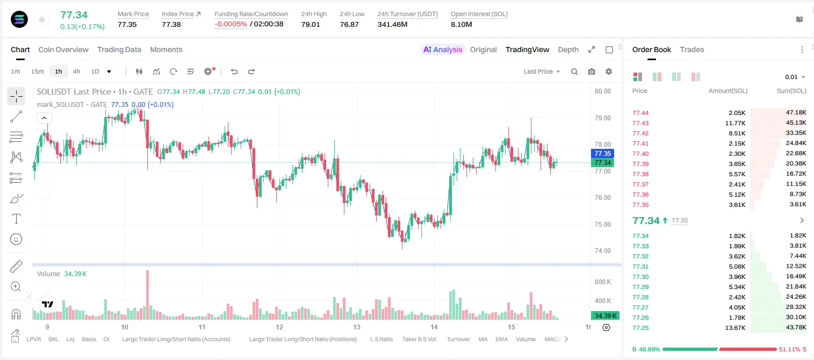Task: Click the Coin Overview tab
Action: (63, 49)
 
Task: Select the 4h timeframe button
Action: (76, 71)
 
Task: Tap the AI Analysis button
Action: (443, 49)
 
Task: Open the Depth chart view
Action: (568, 49)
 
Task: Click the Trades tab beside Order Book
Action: (692, 49)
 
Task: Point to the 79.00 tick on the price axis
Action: (602, 118)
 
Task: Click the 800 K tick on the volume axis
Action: (603, 282)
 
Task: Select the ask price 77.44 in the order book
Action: (640, 113)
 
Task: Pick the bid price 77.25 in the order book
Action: (640, 328)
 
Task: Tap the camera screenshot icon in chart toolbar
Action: (592, 71)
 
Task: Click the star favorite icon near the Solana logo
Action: (42, 19)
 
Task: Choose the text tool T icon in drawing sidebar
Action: (16, 219)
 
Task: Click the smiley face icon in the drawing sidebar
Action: (16, 239)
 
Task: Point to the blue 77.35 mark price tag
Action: (602, 153)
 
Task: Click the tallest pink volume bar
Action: (148, 294)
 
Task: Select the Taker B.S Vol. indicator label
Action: (420, 339)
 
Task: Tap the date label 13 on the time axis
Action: (356, 327)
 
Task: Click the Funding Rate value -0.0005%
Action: (230, 24)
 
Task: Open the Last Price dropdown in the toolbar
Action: (542, 71)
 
